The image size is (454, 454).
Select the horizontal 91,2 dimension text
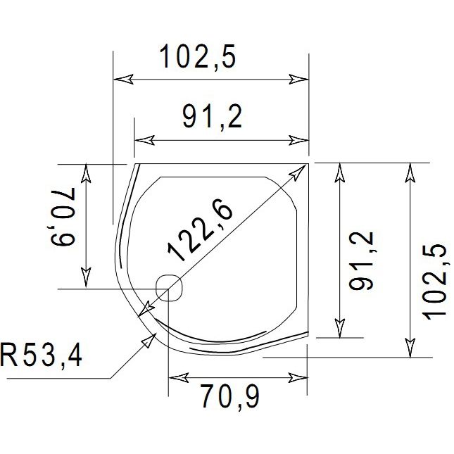pyautogui.click(x=212, y=118)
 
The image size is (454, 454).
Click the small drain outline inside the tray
pyautogui.click(x=170, y=289)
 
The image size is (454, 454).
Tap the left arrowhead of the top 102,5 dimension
pyautogui.click(x=121, y=80)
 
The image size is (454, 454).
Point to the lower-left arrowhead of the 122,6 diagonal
pyautogui.click(x=145, y=312)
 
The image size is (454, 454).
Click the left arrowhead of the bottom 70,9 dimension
pyautogui.click(x=176, y=378)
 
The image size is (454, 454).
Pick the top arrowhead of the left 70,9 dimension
pyautogui.click(x=86, y=172)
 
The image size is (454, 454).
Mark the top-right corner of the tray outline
pyautogui.click(x=308, y=163)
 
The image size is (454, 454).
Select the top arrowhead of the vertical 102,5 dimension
pyautogui.click(x=409, y=171)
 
